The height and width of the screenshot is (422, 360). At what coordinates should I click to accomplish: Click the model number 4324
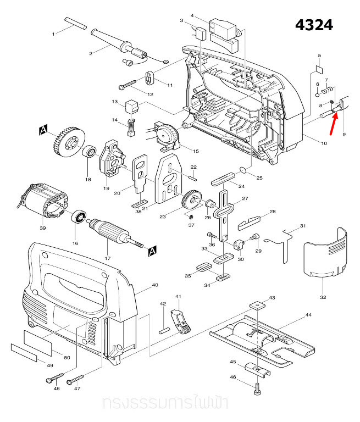coord(314,25)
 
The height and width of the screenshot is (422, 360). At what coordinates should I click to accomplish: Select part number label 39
coord(42,228)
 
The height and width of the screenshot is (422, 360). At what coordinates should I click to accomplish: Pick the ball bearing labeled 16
coord(80,217)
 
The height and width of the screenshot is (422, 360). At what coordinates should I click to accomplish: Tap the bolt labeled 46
coord(257,389)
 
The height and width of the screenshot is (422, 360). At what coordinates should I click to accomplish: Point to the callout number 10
coord(324,143)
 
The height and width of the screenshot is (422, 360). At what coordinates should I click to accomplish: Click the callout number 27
coord(245,198)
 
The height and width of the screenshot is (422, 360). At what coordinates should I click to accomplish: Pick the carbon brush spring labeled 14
coord(131,127)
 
